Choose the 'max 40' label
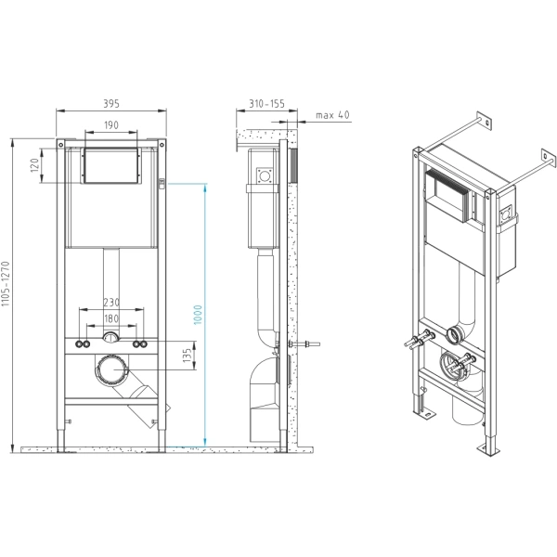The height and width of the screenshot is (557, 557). [x=332, y=115]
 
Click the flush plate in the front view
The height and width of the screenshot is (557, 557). [x=111, y=166]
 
